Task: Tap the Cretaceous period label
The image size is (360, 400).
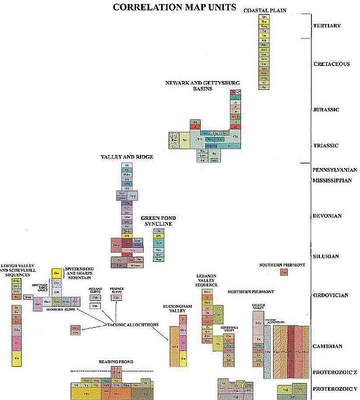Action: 331,64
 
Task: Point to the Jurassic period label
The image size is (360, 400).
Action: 326,110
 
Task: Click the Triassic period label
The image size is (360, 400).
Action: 326,146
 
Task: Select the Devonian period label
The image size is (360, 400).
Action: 327,216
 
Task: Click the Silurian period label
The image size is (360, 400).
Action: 326,257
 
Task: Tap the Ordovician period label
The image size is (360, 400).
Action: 330,295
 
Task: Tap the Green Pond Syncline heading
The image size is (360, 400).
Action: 158,221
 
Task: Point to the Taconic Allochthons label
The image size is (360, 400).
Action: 131,324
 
